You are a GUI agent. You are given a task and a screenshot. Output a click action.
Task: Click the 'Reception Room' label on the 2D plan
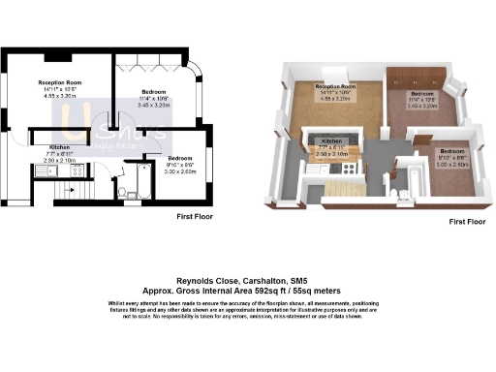[x=58, y=84]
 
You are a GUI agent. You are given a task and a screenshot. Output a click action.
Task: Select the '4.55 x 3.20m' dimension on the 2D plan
[x=58, y=97]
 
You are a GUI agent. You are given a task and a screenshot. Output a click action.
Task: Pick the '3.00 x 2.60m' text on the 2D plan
[x=180, y=170]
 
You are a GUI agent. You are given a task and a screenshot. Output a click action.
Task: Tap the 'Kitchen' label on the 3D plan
[x=333, y=140]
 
